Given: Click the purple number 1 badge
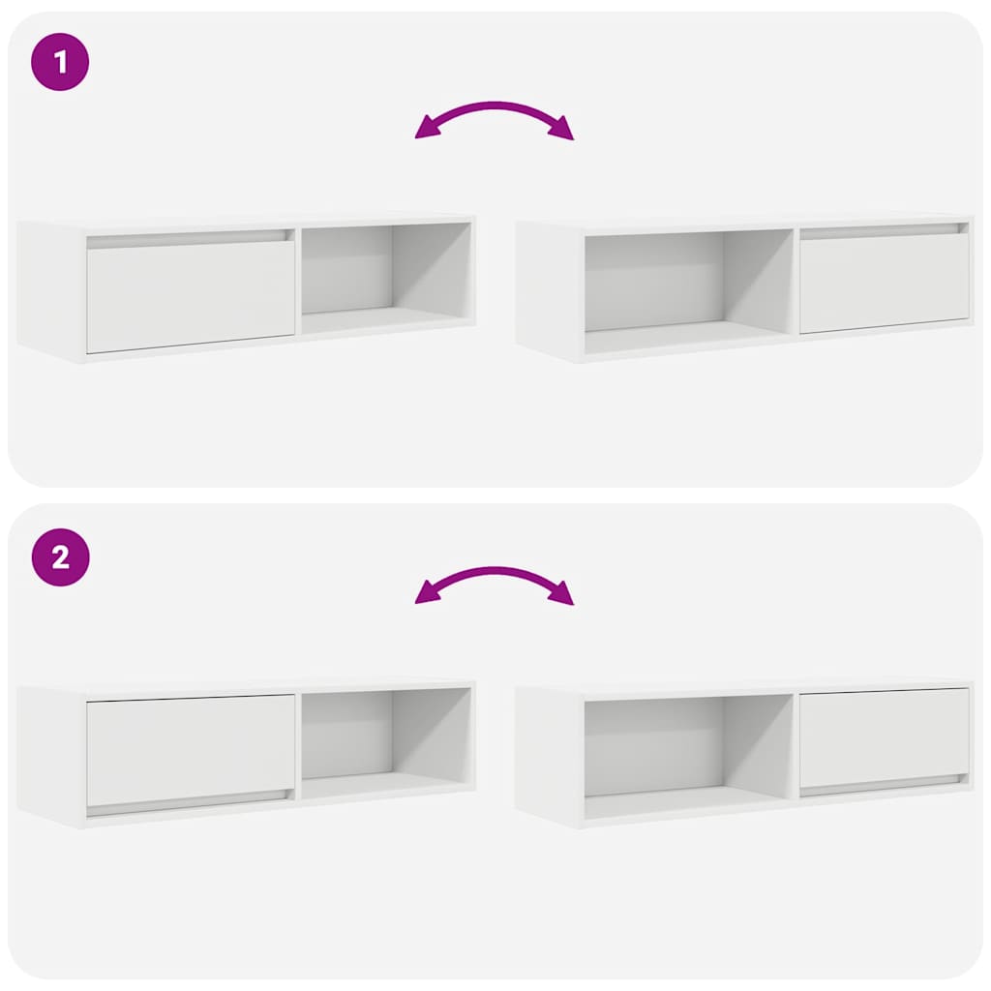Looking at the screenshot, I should [60, 63].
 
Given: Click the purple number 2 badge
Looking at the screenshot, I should [60, 557].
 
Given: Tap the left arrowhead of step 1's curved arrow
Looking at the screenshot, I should [424, 130].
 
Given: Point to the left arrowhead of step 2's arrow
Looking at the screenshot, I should [424, 594].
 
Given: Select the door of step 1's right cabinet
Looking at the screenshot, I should [884, 283].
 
